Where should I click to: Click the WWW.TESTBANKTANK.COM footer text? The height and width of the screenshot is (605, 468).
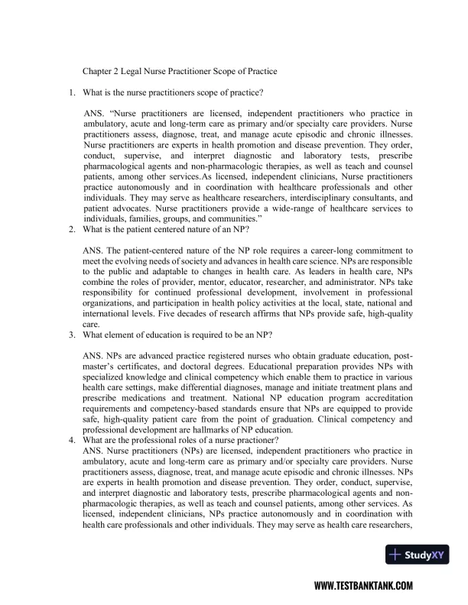pyautogui.click(x=364, y=586)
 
